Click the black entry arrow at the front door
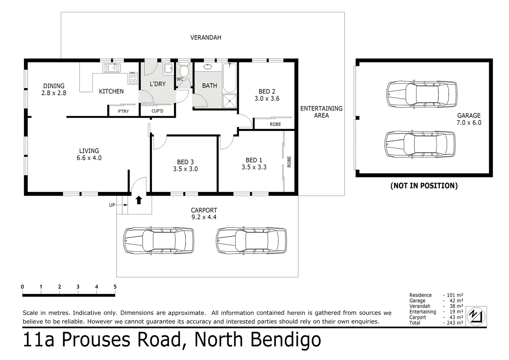point(139,200)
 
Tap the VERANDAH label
point(206,38)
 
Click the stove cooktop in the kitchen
point(133,78)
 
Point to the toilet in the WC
point(184,70)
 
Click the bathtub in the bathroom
point(230,78)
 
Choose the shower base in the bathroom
point(230,101)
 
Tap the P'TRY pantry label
point(123,111)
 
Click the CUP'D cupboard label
point(157,111)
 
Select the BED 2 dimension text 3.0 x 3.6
point(267,99)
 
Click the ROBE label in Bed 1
point(289,162)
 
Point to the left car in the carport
point(159,241)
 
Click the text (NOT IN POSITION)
point(424,186)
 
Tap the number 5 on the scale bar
point(115,287)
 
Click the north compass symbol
point(476,316)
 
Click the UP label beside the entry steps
point(112,205)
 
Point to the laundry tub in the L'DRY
point(168,68)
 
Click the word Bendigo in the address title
point(285,340)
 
